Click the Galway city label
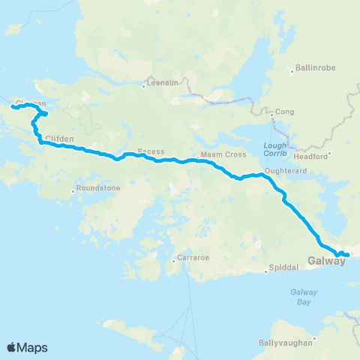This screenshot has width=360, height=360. pyautogui.click(x=325, y=262)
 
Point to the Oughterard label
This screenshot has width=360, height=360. pyautogui.click(x=282, y=170)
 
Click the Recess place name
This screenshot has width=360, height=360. pyautogui.click(x=151, y=151)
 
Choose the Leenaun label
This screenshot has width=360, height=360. pyautogui.click(x=163, y=83)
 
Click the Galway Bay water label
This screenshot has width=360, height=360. pyautogui.click(x=304, y=294)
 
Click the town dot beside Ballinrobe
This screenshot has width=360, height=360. pyautogui.click(x=291, y=73)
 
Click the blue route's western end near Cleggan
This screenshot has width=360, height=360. pyautogui.click(x=12, y=108)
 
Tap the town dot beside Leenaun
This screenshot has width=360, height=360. pyautogui.click(x=143, y=85)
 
